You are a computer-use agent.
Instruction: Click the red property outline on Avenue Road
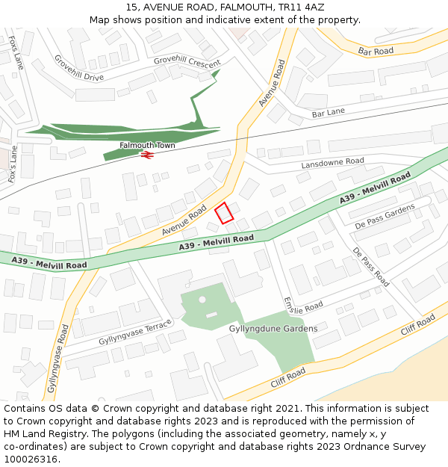(x=224, y=212)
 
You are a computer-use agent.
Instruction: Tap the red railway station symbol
(x=147, y=155)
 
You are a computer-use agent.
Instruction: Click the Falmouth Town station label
(x=147, y=145)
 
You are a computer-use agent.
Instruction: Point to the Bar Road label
(x=376, y=52)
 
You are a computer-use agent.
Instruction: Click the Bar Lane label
(x=328, y=112)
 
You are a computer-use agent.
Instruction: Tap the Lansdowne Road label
(x=332, y=162)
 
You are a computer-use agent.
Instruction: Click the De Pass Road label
(x=370, y=267)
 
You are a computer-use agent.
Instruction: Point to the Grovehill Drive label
(x=78, y=67)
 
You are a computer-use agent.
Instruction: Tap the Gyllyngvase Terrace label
(x=135, y=333)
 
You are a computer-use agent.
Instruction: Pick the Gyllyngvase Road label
(x=58, y=359)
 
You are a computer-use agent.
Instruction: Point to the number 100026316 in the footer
(x=31, y=460)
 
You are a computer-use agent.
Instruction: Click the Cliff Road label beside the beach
(x=417, y=326)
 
